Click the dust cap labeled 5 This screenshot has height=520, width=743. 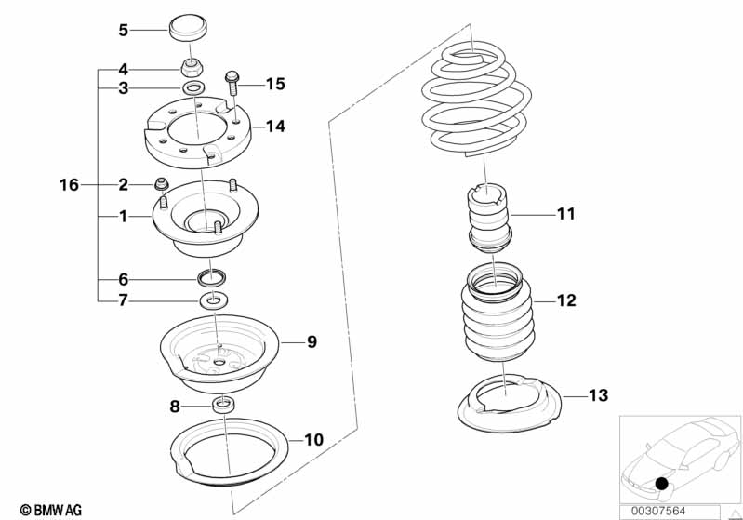pos(189,29)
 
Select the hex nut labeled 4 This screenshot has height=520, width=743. pos(192,68)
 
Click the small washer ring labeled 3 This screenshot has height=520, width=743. pos(193,87)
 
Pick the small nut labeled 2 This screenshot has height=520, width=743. pos(162,184)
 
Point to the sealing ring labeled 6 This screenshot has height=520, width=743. pos(211,278)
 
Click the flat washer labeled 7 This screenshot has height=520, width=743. pos(215,300)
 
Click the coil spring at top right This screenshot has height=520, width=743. pos(475,99)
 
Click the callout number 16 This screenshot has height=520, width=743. pos(69,184)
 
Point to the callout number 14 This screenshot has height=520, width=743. pos(275,127)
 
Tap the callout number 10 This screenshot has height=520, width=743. pos(313,440)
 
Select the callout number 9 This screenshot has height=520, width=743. pos(312,341)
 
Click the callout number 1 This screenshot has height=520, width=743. pos(123,217)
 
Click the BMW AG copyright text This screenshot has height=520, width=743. pos(51,510)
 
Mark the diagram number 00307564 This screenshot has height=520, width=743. pos(657,511)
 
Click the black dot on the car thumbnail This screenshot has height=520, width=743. pos(661,484)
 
